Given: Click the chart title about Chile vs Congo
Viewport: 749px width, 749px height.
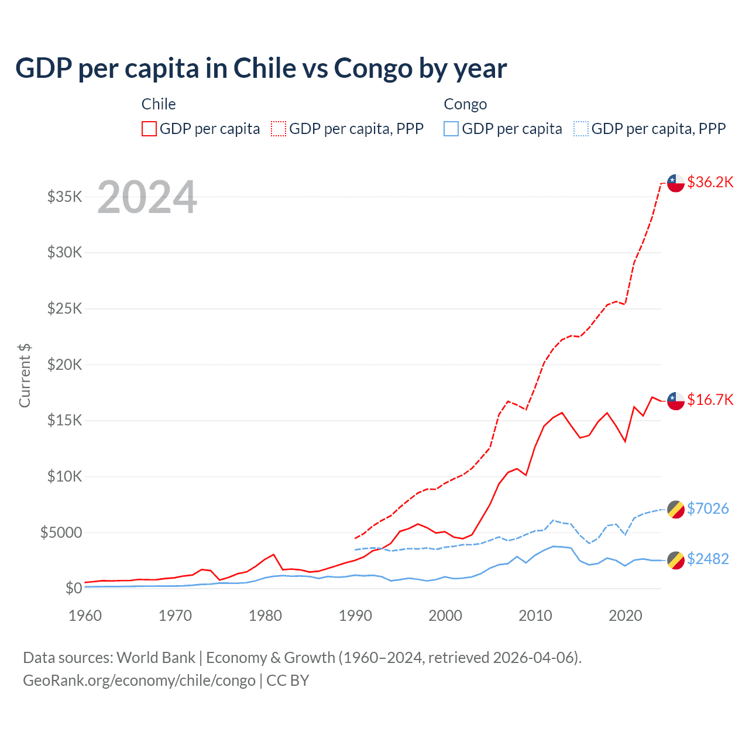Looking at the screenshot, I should pos(261,68).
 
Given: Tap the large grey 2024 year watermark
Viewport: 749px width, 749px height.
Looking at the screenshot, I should pos(147,197).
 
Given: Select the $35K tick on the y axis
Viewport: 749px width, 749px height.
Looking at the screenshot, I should pos(64,197).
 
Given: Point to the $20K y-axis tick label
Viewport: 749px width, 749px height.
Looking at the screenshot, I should pos(64,365).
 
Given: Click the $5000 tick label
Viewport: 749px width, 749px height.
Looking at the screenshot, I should pos(61,532).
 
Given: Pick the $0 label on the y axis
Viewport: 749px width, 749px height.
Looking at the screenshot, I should pos(73,588).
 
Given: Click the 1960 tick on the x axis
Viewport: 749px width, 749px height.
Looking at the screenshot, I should pos(85,616).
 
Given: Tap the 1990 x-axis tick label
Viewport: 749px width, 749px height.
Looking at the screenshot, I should pos(355,616).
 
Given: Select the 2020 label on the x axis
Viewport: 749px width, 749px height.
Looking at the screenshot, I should pos(626,616).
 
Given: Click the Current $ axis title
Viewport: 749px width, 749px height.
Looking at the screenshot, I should pos(25,376).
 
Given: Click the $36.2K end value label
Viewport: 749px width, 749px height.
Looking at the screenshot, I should pos(710,182).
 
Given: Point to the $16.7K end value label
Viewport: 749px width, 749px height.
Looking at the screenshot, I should pos(710,400).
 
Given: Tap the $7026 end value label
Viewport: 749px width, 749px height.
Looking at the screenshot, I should pos(707,508).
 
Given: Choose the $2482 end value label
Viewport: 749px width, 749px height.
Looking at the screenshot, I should pos(707,559).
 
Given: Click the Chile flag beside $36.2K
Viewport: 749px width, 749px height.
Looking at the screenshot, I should pos(676,183).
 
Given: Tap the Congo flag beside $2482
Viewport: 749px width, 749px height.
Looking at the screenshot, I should pos(676,560).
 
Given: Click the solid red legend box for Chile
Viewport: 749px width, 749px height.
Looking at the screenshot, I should pos(149,129).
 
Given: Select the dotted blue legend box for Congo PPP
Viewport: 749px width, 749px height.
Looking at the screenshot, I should pos(581,129).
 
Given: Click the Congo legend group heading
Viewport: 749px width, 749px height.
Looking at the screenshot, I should pos(465,104).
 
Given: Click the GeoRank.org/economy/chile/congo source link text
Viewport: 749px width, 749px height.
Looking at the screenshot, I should pos(139,681).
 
